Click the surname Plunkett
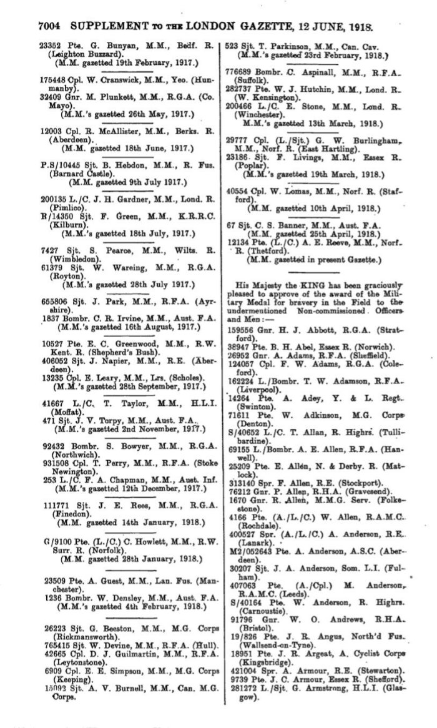(110, 98)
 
